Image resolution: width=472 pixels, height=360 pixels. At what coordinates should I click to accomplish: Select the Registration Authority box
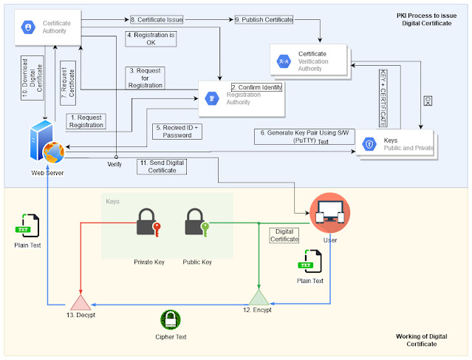tap(242, 96)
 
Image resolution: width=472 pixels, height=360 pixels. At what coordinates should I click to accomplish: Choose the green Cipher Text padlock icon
tap(171, 320)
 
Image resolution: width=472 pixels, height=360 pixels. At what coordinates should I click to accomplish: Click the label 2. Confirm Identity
tap(256, 86)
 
